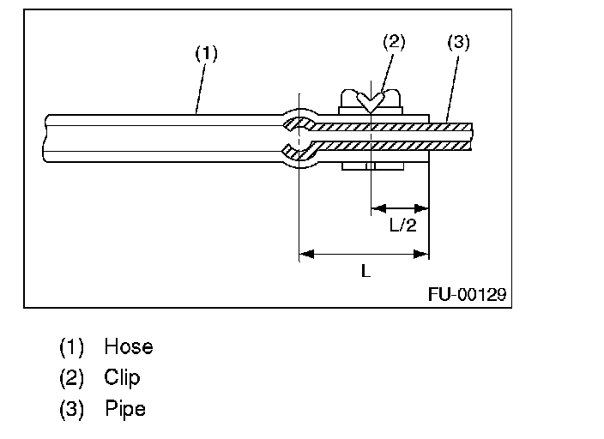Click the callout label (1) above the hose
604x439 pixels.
206,53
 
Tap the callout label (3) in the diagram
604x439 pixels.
459,42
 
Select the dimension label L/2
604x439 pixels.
402,226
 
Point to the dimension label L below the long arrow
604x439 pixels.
365,271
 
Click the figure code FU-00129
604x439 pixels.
467,295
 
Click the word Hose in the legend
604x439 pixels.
129,347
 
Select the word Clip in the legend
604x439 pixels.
122,377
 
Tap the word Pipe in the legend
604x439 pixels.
125,408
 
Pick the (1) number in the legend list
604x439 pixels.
71,347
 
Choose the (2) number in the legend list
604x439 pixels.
71,377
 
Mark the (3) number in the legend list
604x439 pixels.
71,408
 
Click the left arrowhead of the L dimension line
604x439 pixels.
305,254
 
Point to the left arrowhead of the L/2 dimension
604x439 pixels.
377,207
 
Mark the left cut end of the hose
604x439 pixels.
44,138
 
